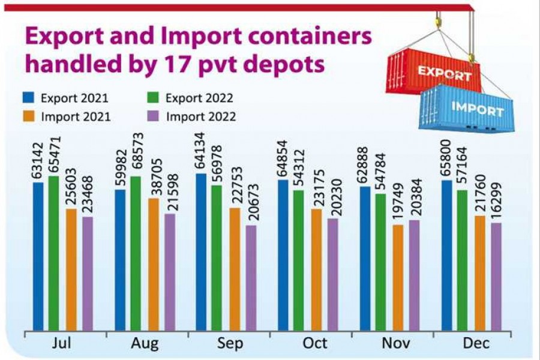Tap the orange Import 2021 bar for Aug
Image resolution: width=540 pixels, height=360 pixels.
[x=152, y=265]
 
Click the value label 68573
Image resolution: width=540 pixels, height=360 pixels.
[x=136, y=156]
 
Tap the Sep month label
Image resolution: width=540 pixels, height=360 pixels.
[x=231, y=343]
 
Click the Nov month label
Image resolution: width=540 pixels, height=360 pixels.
[x=395, y=343]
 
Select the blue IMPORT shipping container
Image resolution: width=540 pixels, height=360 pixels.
[x=468, y=108]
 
